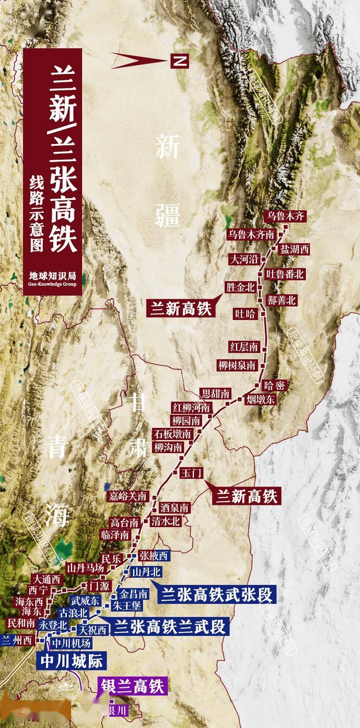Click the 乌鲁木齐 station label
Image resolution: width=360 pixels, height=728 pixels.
286,216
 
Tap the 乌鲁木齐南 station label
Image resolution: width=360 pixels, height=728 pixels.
252,234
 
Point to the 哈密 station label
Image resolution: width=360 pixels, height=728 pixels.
275,385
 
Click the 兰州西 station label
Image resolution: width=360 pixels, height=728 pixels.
17,640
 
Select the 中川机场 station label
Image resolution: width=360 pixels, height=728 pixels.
71,643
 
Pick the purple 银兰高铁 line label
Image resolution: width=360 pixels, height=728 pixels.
131,686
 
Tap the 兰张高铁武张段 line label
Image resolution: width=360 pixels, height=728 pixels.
217,595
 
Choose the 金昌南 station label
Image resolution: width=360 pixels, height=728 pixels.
134,594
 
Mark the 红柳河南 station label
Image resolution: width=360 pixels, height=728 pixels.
191,408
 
